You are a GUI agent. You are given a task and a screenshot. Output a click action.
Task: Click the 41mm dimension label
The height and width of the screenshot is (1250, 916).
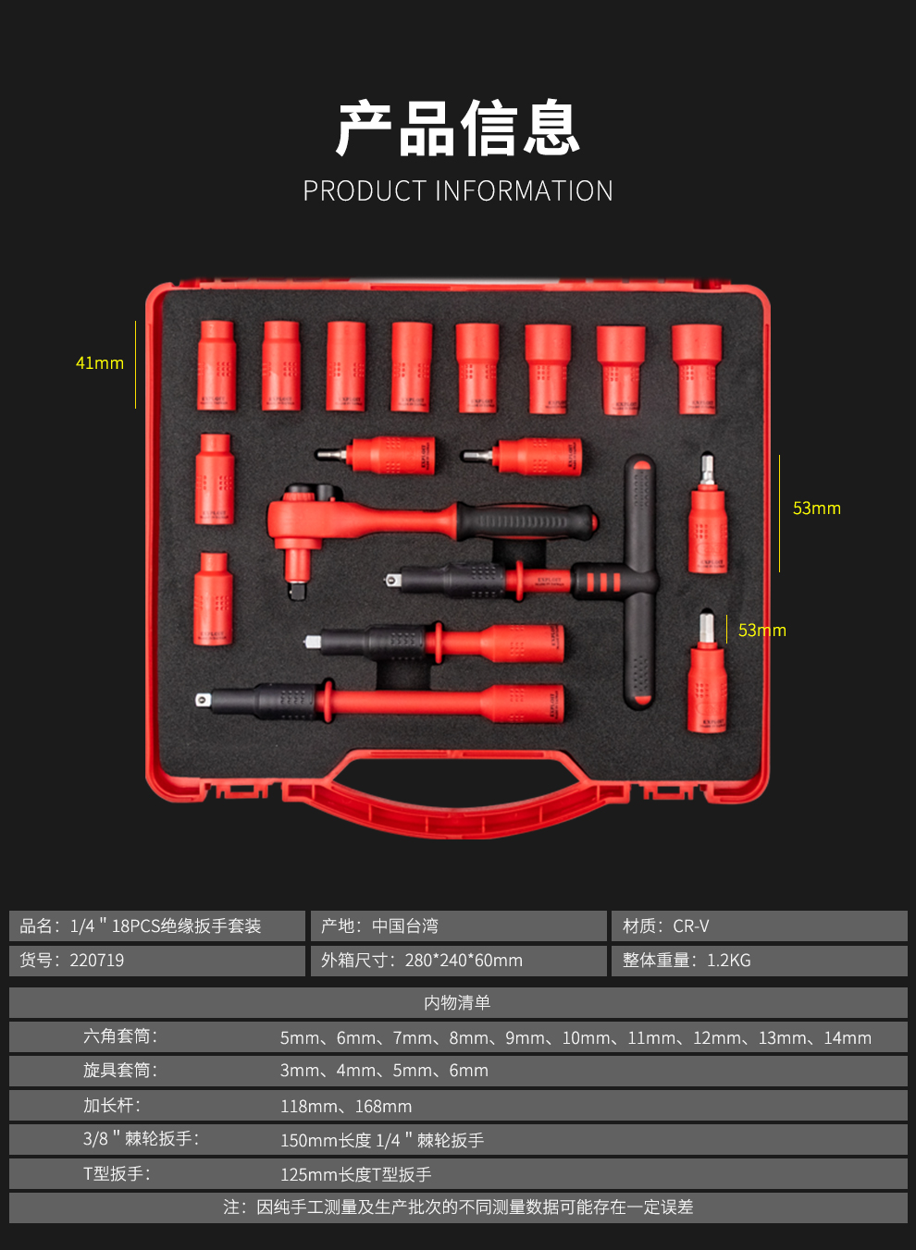[x=99, y=363]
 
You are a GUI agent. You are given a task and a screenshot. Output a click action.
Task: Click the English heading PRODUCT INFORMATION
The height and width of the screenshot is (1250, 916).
[x=458, y=191]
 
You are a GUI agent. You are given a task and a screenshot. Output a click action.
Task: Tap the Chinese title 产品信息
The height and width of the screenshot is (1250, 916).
[x=458, y=129]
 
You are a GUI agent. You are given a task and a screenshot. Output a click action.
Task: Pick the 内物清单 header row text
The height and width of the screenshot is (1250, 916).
[x=457, y=1003]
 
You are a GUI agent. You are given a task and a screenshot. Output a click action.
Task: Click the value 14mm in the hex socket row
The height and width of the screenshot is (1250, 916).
[x=848, y=1038]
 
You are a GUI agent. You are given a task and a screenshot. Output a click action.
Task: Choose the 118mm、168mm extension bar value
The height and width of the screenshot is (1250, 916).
[x=346, y=1107]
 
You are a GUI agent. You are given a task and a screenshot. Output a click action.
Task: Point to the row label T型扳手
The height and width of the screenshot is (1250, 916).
[x=117, y=1174]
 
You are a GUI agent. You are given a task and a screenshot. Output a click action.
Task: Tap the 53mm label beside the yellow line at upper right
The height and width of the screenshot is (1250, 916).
[x=817, y=509]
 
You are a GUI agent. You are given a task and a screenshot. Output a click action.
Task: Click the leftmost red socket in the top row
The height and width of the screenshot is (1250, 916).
[x=217, y=366]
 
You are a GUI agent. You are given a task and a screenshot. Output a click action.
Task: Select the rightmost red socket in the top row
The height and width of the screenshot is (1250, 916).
[x=696, y=368]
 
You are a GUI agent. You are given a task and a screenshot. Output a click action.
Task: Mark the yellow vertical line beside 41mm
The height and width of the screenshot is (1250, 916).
[x=135, y=364]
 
